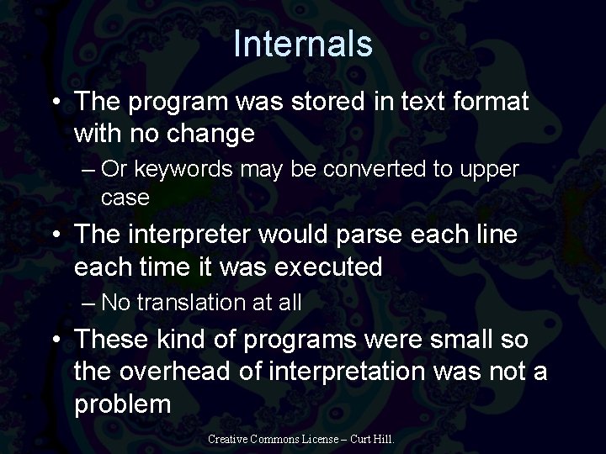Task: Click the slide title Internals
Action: [303, 43]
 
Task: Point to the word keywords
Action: [198, 169]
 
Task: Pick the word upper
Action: [492, 169]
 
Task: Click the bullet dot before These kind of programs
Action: [54, 340]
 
